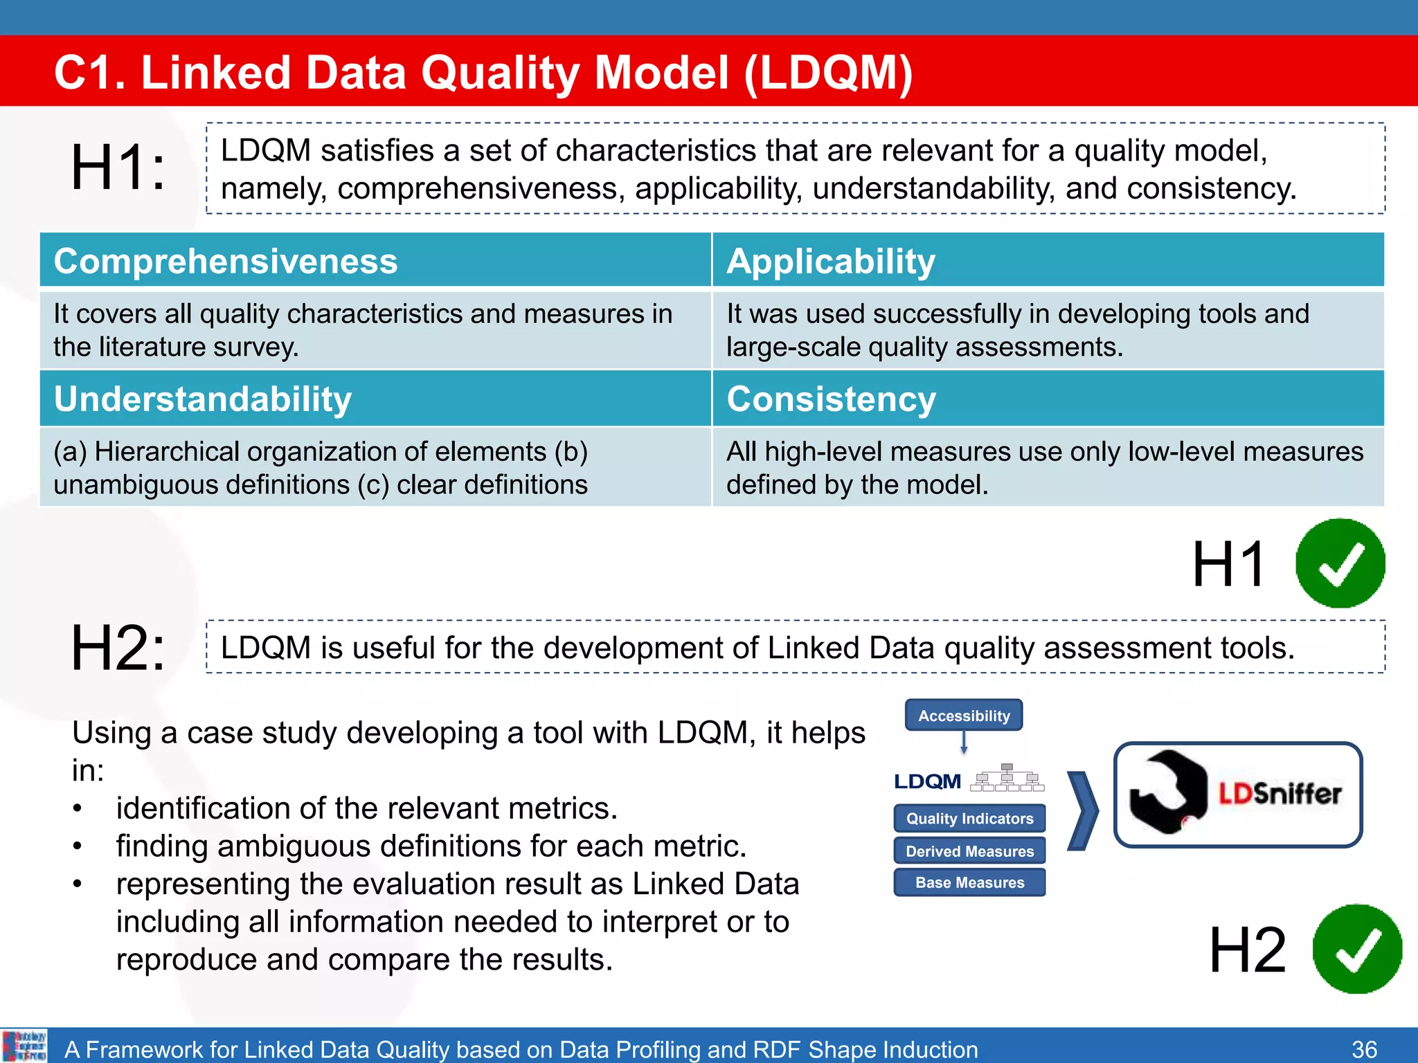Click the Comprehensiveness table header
point(226,262)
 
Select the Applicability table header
point(831,262)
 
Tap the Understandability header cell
point(203,399)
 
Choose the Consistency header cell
point(831,399)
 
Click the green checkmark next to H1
point(1340,563)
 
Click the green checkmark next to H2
point(1356,949)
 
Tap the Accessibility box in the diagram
point(964,716)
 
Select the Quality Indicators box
point(969,819)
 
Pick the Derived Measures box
point(969,851)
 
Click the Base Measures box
point(969,883)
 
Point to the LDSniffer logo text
point(1280,794)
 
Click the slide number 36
point(1364,1049)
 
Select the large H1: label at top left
point(118,167)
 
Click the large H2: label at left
point(118,648)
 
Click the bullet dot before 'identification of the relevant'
point(78,808)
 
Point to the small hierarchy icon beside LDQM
point(1007,779)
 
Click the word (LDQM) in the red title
point(829,73)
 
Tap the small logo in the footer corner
point(24,1046)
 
